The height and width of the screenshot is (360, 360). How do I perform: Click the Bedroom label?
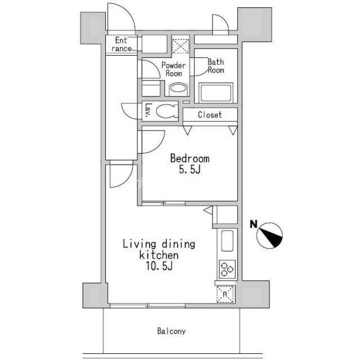[x=190, y=159]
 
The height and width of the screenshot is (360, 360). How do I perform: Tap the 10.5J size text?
[x=159, y=266]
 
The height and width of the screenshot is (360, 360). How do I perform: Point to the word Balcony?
[x=171, y=331]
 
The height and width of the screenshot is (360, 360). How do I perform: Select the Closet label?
[x=210, y=115]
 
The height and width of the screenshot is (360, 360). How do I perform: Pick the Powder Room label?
[x=174, y=69]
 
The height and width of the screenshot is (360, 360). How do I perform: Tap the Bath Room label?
[x=216, y=66]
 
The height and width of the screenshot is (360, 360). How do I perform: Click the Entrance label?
[x=121, y=44]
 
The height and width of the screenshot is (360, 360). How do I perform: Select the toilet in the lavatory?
[x=167, y=111]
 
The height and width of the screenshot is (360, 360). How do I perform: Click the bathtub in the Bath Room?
[x=216, y=92]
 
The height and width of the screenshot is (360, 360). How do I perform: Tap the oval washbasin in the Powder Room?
[x=178, y=89]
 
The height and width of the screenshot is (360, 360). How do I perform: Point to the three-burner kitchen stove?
[x=227, y=269]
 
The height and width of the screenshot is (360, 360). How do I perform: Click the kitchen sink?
[x=227, y=241]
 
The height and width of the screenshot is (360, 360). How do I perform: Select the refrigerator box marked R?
[x=225, y=294]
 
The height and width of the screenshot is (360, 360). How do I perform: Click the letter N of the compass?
[x=254, y=224]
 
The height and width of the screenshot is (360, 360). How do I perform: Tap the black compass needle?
[x=271, y=237]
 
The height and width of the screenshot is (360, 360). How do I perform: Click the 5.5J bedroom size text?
[x=190, y=170]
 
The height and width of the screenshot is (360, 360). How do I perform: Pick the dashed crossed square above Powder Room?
[x=181, y=46]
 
